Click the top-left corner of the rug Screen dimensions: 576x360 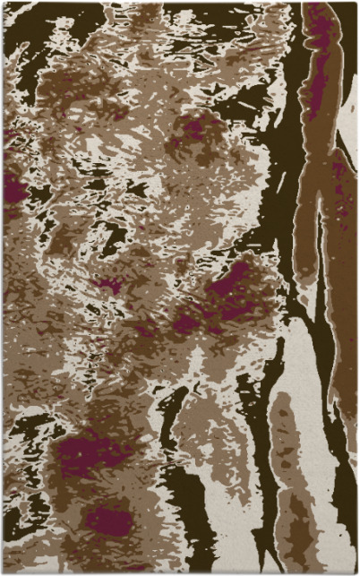[4, 3]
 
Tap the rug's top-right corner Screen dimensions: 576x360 [356, 3]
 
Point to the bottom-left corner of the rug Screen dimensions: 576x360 [4, 572]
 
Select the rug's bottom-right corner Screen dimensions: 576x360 [356, 572]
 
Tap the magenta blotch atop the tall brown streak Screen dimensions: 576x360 [319, 36]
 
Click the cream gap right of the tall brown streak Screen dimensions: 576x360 [349, 134]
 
